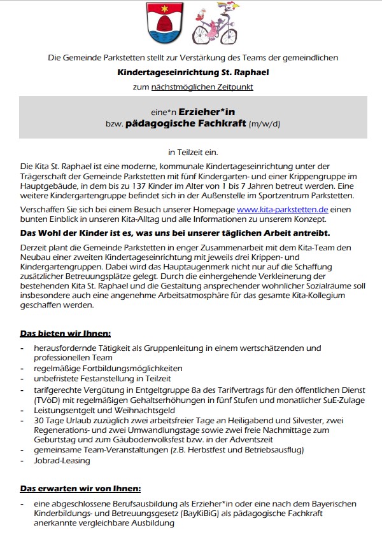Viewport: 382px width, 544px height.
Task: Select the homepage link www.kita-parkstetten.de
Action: tap(283, 209)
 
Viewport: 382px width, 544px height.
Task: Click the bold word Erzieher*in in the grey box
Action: tap(206, 111)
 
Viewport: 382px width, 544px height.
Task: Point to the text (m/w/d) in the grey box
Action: tap(264, 124)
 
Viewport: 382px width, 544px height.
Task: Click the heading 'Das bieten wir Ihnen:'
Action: tap(66, 333)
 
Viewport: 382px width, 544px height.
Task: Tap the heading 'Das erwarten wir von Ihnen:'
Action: tap(80, 488)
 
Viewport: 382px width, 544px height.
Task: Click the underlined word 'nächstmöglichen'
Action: tap(182, 86)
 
